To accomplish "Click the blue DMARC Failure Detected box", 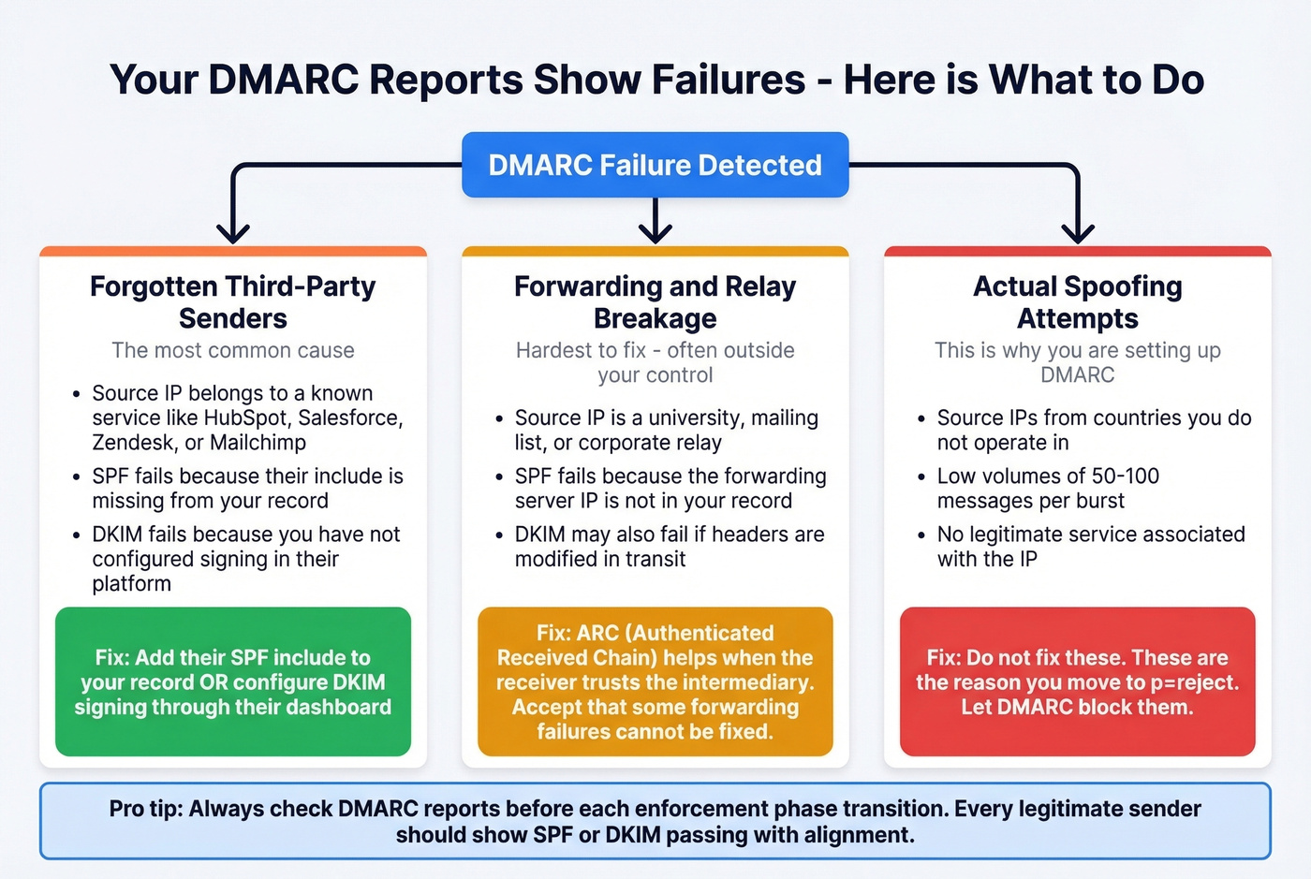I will (655, 165).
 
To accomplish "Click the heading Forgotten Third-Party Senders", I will (232, 301).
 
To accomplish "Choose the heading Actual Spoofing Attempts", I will (1077, 301).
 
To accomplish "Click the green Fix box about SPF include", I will (232, 681).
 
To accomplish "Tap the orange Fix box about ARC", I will (655, 681).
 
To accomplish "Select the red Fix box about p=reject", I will (1077, 681).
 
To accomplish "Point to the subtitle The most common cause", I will (232, 350).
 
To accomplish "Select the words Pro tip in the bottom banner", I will (144, 809).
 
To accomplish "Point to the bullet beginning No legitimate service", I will (1090, 546).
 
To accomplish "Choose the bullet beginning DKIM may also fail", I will (669, 546).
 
